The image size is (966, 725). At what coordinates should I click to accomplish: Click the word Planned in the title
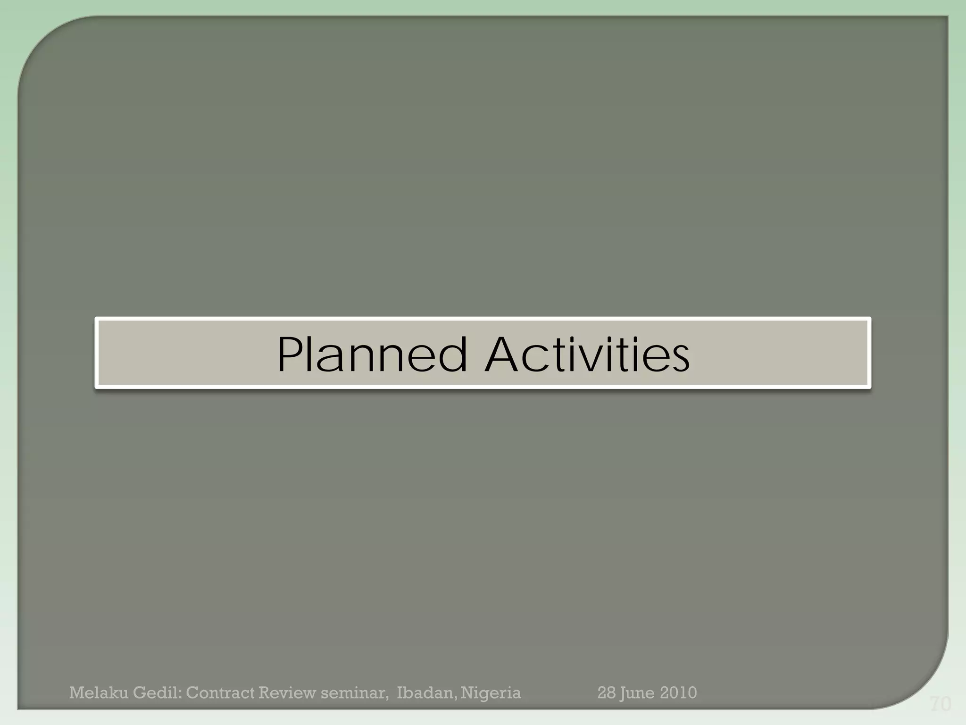click(372, 354)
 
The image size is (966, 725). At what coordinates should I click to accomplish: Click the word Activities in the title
click(587, 354)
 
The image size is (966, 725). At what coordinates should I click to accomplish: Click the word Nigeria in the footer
click(491, 693)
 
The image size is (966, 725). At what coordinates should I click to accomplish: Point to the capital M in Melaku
click(77, 693)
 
